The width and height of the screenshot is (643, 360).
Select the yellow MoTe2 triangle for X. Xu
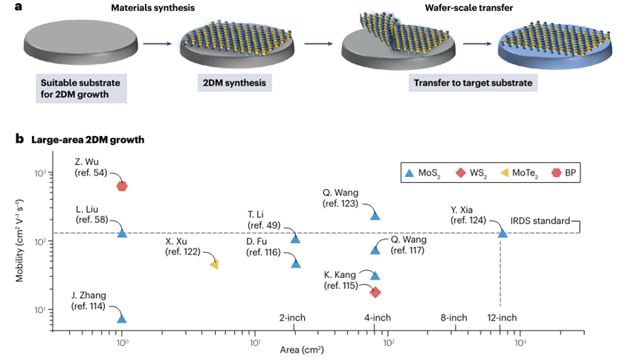[x=214, y=265]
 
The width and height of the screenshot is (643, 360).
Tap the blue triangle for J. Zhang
[x=122, y=318]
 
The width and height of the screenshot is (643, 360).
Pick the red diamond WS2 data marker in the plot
[x=375, y=292]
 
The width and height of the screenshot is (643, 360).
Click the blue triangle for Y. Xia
[x=503, y=233]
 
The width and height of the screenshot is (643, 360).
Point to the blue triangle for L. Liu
[x=122, y=233]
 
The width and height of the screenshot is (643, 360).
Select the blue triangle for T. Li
[x=296, y=238]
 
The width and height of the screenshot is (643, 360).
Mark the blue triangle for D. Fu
[x=296, y=263]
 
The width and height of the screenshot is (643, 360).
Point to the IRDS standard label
[x=540, y=222]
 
